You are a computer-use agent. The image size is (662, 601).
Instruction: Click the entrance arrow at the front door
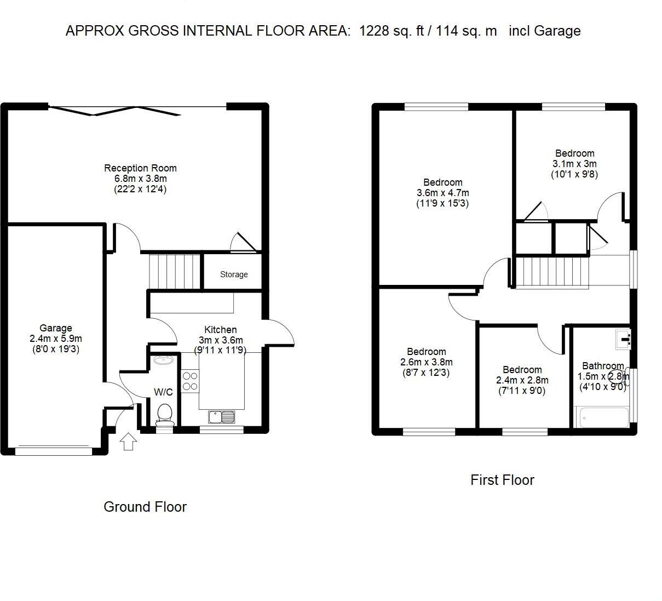pyautogui.click(x=128, y=441)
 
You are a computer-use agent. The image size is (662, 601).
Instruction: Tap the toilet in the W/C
pyautogui.click(x=165, y=415)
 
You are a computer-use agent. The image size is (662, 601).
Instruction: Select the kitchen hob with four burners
pyautogui.click(x=190, y=381)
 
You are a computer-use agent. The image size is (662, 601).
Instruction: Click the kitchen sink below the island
pyautogui.click(x=221, y=417)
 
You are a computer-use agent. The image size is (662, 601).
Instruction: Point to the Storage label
pyautogui.click(x=234, y=274)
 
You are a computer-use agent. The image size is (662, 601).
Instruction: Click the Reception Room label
pyautogui.click(x=140, y=168)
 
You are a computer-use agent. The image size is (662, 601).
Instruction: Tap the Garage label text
pyautogui.click(x=55, y=328)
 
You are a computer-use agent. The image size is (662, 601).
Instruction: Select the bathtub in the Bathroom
pyautogui.click(x=601, y=418)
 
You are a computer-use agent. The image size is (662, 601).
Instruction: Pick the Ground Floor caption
pyautogui.click(x=145, y=507)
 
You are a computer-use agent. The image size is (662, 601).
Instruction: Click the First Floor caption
pyautogui.click(x=502, y=480)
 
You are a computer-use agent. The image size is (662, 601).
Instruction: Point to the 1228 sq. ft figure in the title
pyautogui.click(x=392, y=31)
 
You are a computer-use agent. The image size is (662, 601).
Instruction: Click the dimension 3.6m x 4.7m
pyautogui.click(x=442, y=193)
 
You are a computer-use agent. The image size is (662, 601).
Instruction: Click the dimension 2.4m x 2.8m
pyautogui.click(x=522, y=380)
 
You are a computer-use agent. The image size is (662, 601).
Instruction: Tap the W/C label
pyautogui.click(x=163, y=392)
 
